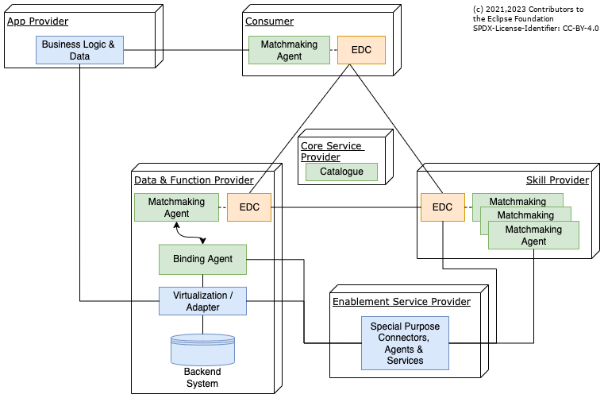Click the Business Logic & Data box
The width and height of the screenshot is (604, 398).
click(x=78, y=51)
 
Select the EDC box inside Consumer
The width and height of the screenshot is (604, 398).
click(x=361, y=50)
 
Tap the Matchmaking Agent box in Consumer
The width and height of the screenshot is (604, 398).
click(x=289, y=50)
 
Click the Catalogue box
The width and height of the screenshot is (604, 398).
click(x=341, y=172)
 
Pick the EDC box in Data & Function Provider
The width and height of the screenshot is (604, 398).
click(x=248, y=207)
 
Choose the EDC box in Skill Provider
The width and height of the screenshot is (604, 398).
click(x=442, y=207)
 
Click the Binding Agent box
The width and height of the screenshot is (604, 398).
click(x=202, y=259)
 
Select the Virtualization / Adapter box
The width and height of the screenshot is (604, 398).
click(x=202, y=301)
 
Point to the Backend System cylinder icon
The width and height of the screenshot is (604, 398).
click(x=202, y=349)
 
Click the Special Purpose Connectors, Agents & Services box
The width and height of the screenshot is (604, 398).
click(x=404, y=343)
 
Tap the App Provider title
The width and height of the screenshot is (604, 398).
click(x=38, y=21)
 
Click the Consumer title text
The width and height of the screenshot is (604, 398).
click(x=269, y=21)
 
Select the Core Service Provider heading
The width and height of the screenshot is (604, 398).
click(x=331, y=151)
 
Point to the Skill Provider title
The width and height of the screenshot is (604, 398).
click(x=557, y=180)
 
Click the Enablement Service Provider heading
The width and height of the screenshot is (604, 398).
click(x=401, y=302)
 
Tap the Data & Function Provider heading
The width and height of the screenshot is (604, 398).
click(x=194, y=180)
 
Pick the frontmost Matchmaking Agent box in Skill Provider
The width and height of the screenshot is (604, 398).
click(x=533, y=235)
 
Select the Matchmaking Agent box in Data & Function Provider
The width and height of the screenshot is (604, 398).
click(x=176, y=207)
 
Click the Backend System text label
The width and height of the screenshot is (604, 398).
click(x=202, y=377)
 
